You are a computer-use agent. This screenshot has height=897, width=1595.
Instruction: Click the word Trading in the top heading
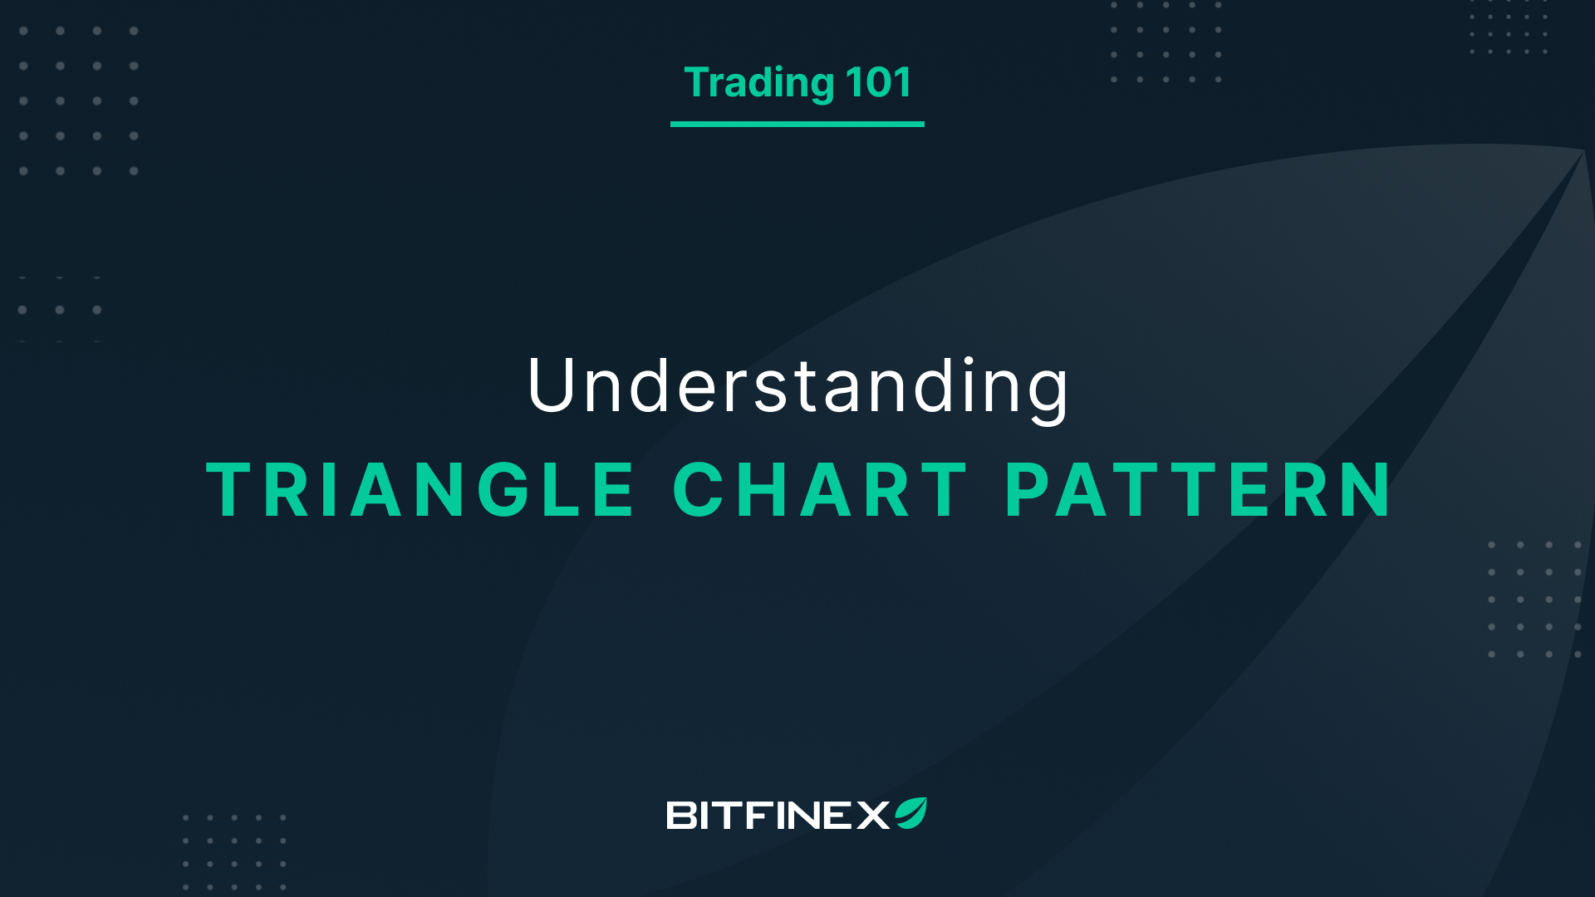coord(758,83)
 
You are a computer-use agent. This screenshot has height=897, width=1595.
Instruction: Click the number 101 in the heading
coord(878,83)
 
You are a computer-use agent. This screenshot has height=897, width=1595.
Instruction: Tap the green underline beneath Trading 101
coord(797,124)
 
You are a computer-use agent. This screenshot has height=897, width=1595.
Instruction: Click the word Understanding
coord(797,386)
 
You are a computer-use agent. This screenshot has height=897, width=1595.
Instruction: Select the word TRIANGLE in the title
coord(420,491)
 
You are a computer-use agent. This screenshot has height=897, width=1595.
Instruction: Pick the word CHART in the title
coord(819,491)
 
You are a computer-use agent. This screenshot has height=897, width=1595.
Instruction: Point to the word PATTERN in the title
coord(1198,491)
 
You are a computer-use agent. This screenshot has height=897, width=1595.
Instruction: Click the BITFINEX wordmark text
coord(778,816)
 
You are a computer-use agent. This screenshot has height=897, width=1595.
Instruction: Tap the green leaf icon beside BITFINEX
coord(910,813)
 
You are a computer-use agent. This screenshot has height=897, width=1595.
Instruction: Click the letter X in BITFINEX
coord(873,816)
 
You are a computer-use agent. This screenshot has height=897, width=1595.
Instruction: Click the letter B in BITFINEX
coord(682,816)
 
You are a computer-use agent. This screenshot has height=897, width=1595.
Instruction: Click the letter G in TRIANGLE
coord(502,491)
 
